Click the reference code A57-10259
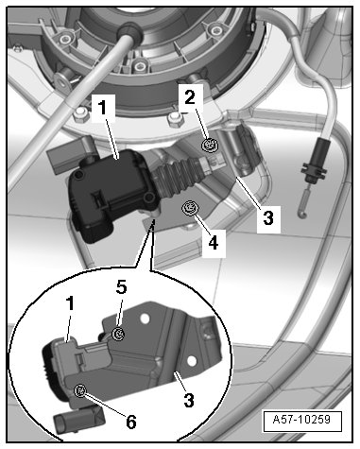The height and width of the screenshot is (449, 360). [x=301, y=420]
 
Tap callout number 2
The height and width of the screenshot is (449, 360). [x=190, y=97]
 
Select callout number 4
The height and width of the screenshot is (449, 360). [x=214, y=244]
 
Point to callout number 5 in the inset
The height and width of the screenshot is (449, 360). [x=121, y=287]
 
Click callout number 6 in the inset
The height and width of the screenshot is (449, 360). [x=131, y=422]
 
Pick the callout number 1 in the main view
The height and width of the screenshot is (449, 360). [x=103, y=108]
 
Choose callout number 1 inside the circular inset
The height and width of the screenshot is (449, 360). [x=70, y=303]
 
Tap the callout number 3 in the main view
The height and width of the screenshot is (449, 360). [x=268, y=217]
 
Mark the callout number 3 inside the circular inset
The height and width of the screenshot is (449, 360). [x=189, y=400]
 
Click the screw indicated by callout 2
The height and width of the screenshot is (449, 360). [x=210, y=145]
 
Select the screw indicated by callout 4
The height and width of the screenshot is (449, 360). [x=191, y=208]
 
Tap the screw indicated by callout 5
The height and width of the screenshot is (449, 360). [x=119, y=334]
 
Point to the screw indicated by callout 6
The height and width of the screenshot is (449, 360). [x=80, y=391]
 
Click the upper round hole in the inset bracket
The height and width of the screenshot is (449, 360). [x=145, y=319]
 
